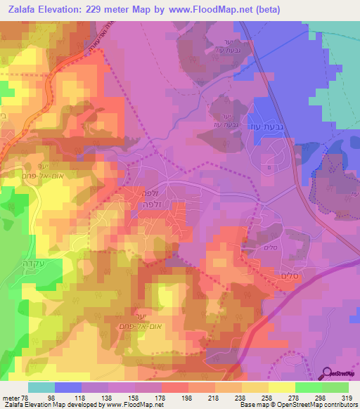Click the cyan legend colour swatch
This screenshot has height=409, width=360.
tap(41, 387)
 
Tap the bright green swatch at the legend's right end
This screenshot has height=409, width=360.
tap(335, 387)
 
